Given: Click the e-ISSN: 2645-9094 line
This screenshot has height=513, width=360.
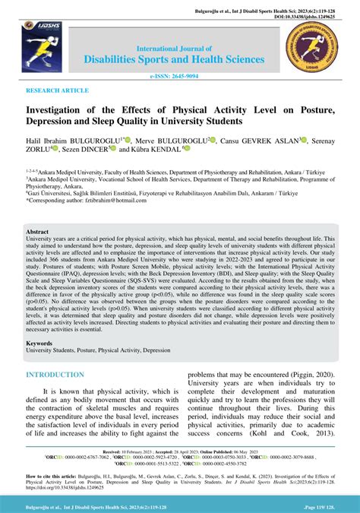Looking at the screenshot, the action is (x=179, y=76).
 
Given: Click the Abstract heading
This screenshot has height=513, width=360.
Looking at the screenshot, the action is (x=38, y=230).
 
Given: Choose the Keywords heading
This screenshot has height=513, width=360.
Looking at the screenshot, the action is (x=41, y=343).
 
